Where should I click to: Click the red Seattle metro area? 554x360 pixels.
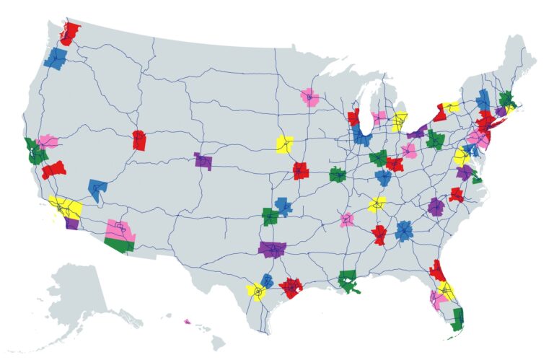[70, 32]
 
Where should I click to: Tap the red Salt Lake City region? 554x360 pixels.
[139, 140]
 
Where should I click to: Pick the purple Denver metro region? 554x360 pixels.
[203, 161]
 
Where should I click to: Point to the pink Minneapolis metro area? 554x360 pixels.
[310, 97]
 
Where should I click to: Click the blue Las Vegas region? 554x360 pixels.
[97, 189]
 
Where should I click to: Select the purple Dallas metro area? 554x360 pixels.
[273, 250]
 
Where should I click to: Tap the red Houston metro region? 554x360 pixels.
[291, 287]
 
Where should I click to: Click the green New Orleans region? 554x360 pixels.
[348, 280]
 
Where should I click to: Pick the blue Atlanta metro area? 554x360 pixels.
[405, 231]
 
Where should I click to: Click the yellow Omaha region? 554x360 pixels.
[285, 144]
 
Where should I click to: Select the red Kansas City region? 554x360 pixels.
[301, 171]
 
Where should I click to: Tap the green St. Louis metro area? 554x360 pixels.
[338, 175]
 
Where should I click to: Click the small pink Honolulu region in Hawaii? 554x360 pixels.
[187, 322]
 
